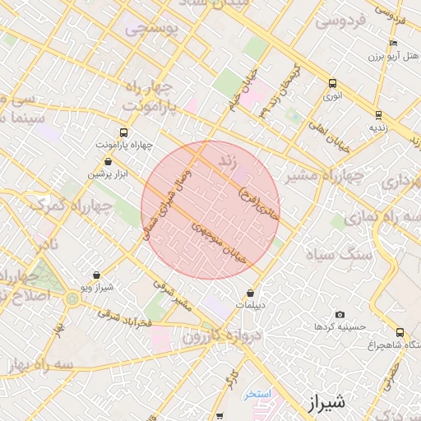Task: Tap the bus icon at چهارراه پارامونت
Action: pyautogui.click(x=124, y=132)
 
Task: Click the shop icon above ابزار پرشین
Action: pyautogui.click(x=109, y=162)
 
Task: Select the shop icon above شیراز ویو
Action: pyautogui.click(x=97, y=275)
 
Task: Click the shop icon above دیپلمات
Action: pyautogui.click(x=251, y=293)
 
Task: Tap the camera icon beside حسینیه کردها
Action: pyautogui.click(x=340, y=315)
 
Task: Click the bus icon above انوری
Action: pyautogui.click(x=332, y=83)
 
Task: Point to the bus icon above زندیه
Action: pyautogui.click(x=378, y=115)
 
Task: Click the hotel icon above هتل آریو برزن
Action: pyautogui.click(x=394, y=43)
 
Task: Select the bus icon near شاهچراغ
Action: pyautogui.click(x=400, y=332)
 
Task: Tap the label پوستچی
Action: pyautogui.click(x=150, y=30)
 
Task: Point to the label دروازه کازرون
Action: pyautogui.click(x=192, y=338)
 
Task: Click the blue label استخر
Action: pyautogui.click(x=258, y=394)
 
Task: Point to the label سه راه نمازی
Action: pyautogui.click(x=369, y=217)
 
